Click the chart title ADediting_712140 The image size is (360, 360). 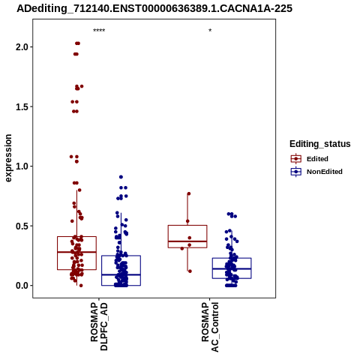coord(154,8)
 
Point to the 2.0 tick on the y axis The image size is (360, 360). coord(22,47)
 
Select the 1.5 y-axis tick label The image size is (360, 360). coord(22,106)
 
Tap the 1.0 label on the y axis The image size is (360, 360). coord(22,166)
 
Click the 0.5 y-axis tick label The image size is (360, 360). coord(22,226)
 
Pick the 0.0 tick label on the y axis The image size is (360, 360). coord(22,286)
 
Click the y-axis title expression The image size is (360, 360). coord(8,158)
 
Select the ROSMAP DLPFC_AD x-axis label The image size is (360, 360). coord(99,326)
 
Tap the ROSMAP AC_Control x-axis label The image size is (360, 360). coord(210,327)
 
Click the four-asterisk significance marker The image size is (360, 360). coord(99,31)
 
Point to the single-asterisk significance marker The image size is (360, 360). coord(210,31)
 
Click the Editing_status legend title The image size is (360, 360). coord(320,144)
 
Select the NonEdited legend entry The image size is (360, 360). coord(316,172)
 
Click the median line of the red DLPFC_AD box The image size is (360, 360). coord(76,252)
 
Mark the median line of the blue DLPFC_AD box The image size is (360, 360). coord(121,274)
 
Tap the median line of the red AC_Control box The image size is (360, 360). coord(187,241)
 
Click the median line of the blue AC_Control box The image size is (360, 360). coord(232,268)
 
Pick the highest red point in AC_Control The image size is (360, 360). coord(189,193)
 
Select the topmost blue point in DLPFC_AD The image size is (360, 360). coord(121,177)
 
